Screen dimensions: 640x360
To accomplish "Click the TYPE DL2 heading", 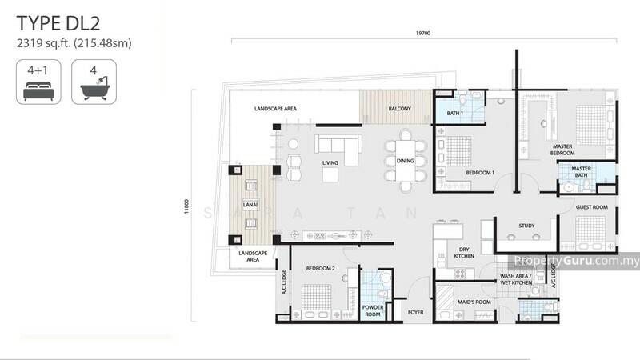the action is coord(58,23).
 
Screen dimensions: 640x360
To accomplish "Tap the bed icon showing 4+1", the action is coord(38,82).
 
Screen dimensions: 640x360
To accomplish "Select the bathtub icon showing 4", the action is coord(94,82).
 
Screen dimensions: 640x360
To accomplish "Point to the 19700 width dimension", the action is coord(423,33).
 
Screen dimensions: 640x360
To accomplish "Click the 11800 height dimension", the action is coord(186,206).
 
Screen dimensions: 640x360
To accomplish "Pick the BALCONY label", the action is coord(399,109).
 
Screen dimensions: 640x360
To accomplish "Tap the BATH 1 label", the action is coord(454,113).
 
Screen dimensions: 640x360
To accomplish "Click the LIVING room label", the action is coord(330,163).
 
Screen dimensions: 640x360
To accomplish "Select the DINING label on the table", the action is coord(406,161).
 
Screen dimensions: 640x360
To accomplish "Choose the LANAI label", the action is coord(250,205).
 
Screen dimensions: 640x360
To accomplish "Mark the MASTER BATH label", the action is coord(582,172).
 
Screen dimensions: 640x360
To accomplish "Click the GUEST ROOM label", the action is coord(592,207).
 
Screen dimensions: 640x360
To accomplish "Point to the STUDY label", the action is coord(526,226).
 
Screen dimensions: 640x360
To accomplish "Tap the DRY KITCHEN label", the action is coord(464,253).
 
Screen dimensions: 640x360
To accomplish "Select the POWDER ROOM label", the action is coord(373,310).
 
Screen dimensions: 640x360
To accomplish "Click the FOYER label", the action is coord(415,312).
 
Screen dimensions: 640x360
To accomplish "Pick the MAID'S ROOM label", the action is coord(474,302).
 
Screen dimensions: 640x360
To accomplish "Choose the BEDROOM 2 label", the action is coord(321,268).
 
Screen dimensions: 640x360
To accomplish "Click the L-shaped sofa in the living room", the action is coord(338,144).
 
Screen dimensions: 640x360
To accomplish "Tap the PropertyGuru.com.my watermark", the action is coord(576,261).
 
